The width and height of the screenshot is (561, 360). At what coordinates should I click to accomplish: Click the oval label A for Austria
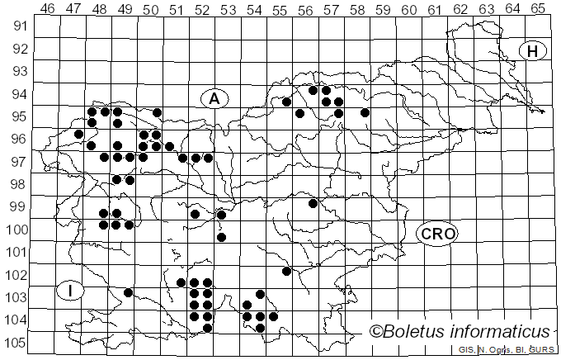coord(214,99)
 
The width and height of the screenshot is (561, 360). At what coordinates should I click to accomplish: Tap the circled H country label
coord(533,51)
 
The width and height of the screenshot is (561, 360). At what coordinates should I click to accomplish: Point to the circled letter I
coord(72,290)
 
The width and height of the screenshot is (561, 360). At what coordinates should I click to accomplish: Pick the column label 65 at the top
coord(537,9)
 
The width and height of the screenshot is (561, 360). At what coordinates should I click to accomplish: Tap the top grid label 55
coord(280,9)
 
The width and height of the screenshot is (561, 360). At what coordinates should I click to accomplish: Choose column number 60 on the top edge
coord(408,9)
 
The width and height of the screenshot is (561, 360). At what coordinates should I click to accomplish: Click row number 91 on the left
coord(19,26)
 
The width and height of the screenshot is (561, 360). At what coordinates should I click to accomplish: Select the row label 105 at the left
coord(16,343)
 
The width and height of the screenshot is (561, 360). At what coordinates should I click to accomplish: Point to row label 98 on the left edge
coord(19,184)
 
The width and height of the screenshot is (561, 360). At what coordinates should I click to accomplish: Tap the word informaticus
coord(507,332)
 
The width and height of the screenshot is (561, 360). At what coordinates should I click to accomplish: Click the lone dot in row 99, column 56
coord(313,203)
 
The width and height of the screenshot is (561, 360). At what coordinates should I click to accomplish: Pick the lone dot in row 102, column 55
coord(287,271)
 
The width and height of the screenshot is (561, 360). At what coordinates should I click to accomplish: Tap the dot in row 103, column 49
coord(128,292)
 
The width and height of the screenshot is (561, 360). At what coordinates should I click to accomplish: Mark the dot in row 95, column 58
coord(365,112)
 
